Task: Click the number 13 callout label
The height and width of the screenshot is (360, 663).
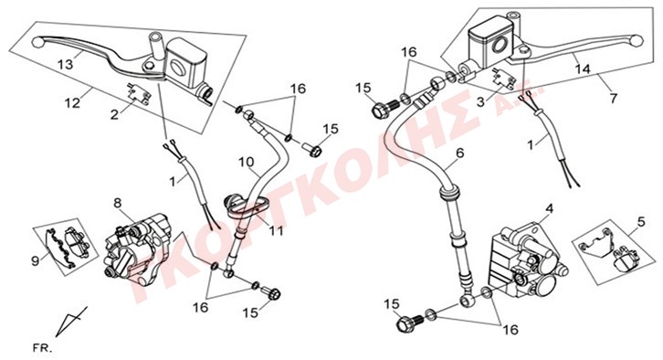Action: pyautogui.click(x=66, y=64)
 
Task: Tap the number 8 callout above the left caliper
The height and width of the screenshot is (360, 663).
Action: pyautogui.click(x=118, y=204)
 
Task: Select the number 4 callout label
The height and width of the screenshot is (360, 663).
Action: pyautogui.click(x=549, y=209)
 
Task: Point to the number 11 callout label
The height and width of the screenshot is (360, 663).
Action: pyautogui.click(x=277, y=231)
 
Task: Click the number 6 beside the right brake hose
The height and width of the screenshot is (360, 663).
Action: pyautogui.click(x=460, y=153)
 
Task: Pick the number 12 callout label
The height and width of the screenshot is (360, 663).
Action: pyautogui.click(x=73, y=102)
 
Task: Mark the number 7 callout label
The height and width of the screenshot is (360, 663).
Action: pyautogui.click(x=613, y=99)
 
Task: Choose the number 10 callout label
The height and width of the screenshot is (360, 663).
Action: pyautogui.click(x=246, y=162)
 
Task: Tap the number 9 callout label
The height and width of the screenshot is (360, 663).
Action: pyautogui.click(x=35, y=260)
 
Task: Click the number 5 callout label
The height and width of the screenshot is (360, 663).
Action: pyautogui.click(x=641, y=221)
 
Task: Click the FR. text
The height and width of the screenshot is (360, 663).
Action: pyautogui.click(x=43, y=349)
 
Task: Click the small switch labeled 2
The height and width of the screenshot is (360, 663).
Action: pyautogui.click(x=137, y=94)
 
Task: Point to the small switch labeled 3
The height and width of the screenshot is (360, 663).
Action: pyautogui.click(x=500, y=79)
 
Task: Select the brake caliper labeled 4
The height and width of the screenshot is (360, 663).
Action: pyautogui.click(x=527, y=258)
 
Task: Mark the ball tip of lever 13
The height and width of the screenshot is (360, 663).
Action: pyautogui.click(x=37, y=42)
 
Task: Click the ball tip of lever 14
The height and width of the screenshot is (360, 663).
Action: pyautogui.click(x=637, y=40)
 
